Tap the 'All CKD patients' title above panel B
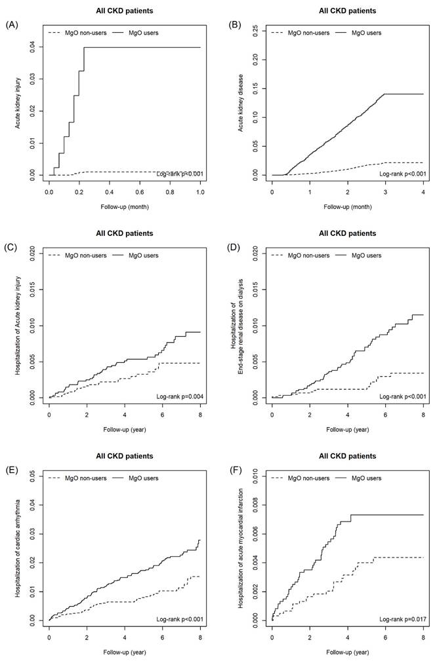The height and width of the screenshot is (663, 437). [x=347, y=10]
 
